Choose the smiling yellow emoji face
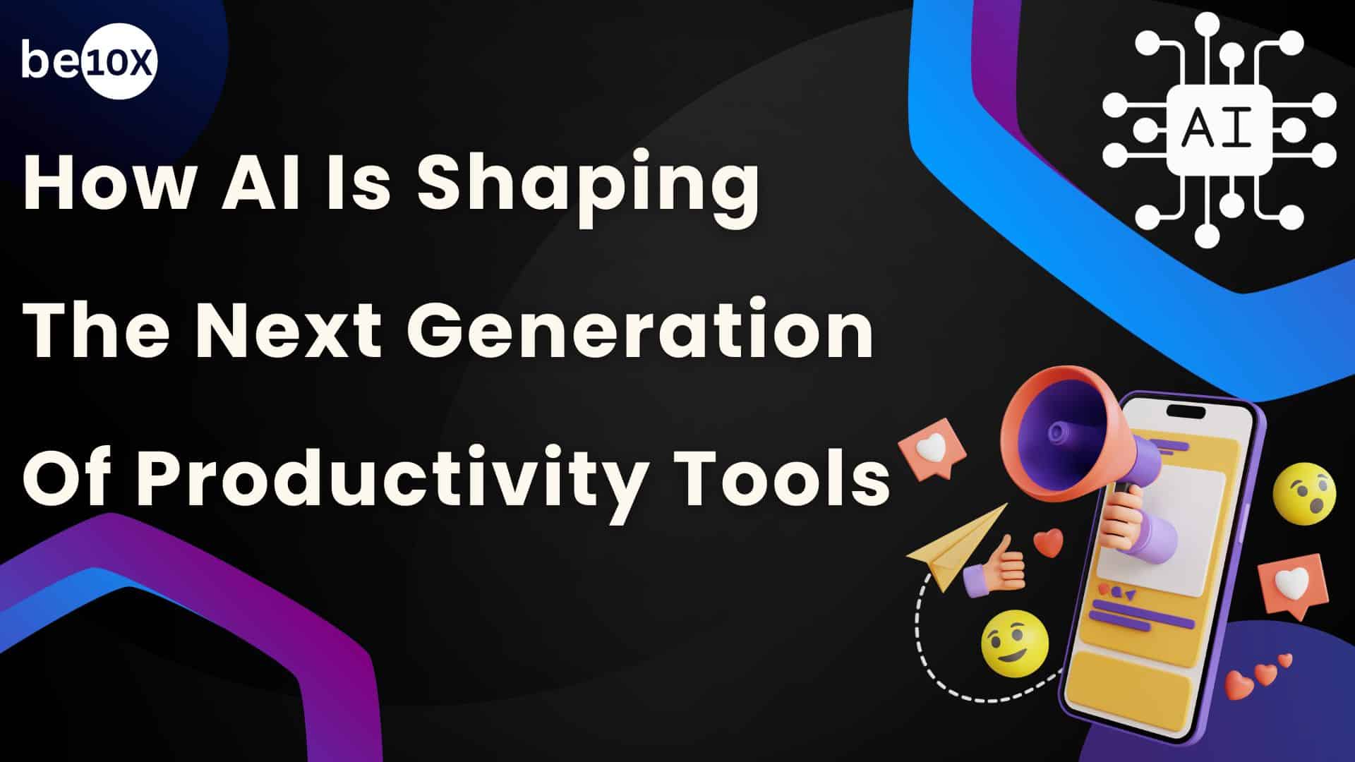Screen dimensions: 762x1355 pyautogui.click(x=1014, y=641)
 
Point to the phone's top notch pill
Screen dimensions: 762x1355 pyautogui.click(x=1187, y=411)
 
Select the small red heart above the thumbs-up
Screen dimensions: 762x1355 pyautogui.click(x=1048, y=542)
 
